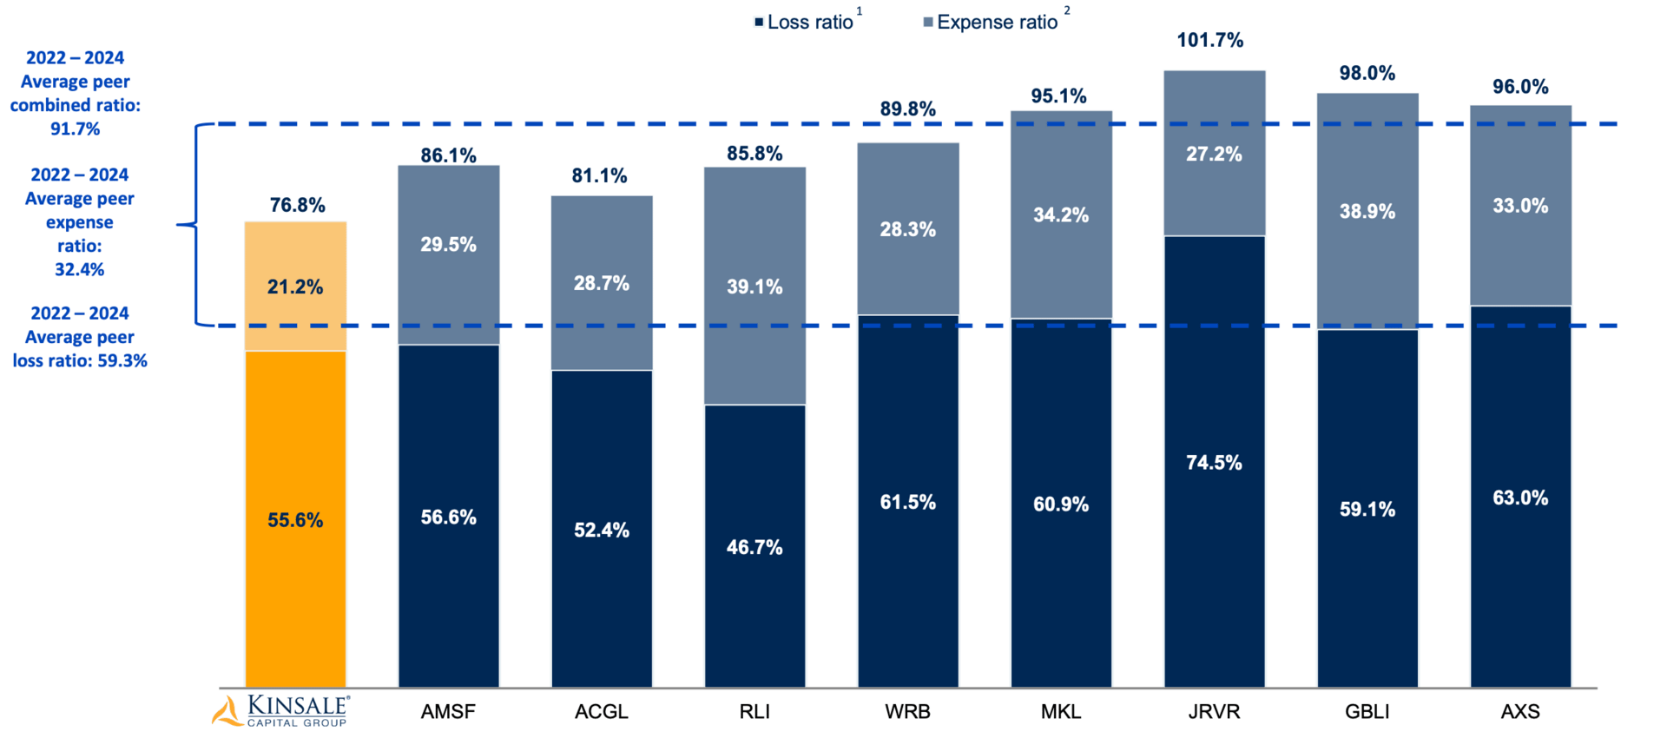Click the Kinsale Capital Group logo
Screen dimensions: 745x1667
click(281, 709)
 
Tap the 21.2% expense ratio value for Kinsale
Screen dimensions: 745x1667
click(295, 287)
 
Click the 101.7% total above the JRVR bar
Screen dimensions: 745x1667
click(1209, 40)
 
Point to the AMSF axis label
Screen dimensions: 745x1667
click(448, 712)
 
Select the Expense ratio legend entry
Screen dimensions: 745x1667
click(995, 23)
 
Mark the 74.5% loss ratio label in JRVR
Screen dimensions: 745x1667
click(1214, 463)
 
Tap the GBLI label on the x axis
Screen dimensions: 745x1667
click(1367, 712)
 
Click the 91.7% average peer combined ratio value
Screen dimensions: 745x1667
click(75, 129)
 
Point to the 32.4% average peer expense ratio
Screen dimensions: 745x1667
click(79, 269)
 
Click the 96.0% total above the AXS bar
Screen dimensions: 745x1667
click(1520, 87)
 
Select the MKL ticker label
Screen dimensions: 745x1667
click(1061, 712)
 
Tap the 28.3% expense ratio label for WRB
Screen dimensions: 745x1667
click(907, 229)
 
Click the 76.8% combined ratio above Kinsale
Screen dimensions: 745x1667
click(297, 205)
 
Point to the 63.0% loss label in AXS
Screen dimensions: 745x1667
click(1520, 498)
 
